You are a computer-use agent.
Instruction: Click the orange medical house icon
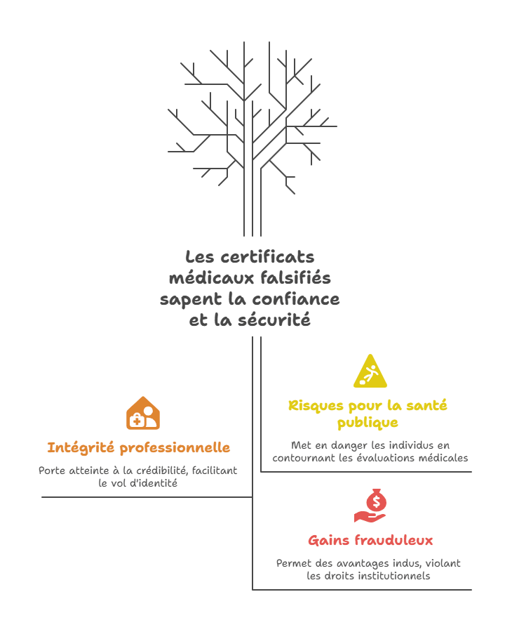143,413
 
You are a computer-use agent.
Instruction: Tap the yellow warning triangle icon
370,371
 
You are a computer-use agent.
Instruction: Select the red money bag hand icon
370,506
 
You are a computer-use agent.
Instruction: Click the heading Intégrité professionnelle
139,448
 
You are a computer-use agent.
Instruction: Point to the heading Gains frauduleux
370,540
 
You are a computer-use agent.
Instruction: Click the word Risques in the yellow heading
316,405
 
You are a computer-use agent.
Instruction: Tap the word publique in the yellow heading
368,423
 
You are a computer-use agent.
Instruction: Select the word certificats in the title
267,257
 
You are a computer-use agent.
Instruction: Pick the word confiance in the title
296,299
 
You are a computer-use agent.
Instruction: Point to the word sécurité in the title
274,320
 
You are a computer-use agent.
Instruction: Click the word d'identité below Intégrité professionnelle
154,483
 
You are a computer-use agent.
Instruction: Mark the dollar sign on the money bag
377,502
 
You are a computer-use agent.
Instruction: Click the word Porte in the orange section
51,470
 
